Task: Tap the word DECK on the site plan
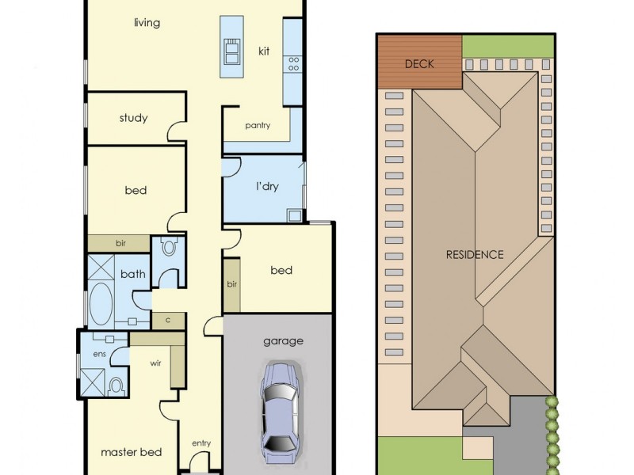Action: (x=419, y=64)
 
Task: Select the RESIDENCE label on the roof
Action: (x=474, y=255)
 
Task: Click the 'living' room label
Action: (x=147, y=23)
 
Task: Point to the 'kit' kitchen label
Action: (x=264, y=51)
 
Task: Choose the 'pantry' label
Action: (x=258, y=125)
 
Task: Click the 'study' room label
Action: (x=133, y=119)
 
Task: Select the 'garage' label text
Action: (x=283, y=341)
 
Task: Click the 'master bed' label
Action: (x=131, y=452)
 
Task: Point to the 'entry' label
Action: (x=201, y=443)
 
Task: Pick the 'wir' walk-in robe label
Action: (x=156, y=365)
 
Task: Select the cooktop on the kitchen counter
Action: (x=293, y=62)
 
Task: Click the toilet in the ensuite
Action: (x=116, y=386)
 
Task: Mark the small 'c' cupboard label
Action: (x=167, y=320)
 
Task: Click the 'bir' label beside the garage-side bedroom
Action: (x=231, y=284)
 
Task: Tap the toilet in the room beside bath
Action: (x=168, y=247)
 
